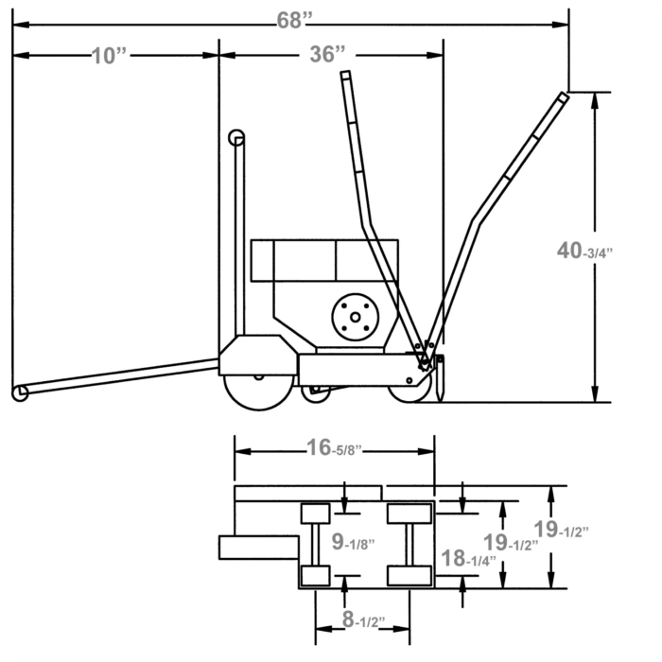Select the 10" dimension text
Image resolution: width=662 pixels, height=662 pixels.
(110, 56)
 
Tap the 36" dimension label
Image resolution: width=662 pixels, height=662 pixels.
(327, 55)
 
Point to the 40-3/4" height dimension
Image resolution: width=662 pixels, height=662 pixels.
(584, 251)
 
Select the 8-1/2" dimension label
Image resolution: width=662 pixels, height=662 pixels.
(361, 622)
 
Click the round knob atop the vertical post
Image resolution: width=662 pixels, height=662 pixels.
(236, 138)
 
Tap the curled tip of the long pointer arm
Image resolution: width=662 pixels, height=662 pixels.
(17, 392)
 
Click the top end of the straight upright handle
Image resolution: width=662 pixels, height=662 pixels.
(347, 76)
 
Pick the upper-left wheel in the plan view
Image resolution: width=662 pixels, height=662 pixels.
(315, 514)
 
